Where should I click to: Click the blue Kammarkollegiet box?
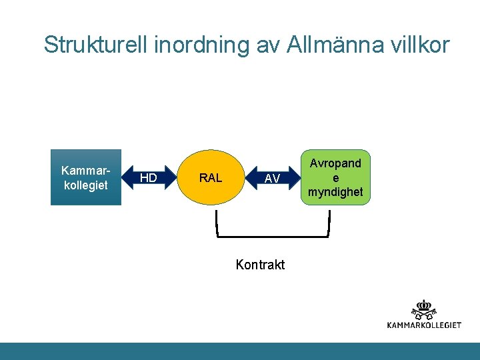(86, 177)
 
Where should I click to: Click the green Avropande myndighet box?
(335, 177)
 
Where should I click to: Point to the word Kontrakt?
(260, 265)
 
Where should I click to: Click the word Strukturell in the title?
(96, 45)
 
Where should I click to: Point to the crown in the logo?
(424, 304)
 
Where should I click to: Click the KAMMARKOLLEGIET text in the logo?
(424, 325)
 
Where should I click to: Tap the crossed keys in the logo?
(424, 313)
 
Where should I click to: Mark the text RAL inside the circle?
(211, 178)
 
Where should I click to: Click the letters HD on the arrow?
(149, 178)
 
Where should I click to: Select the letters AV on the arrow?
(272, 179)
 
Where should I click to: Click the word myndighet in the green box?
(335, 192)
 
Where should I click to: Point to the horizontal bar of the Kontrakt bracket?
(273, 235)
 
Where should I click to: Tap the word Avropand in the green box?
(335, 163)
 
